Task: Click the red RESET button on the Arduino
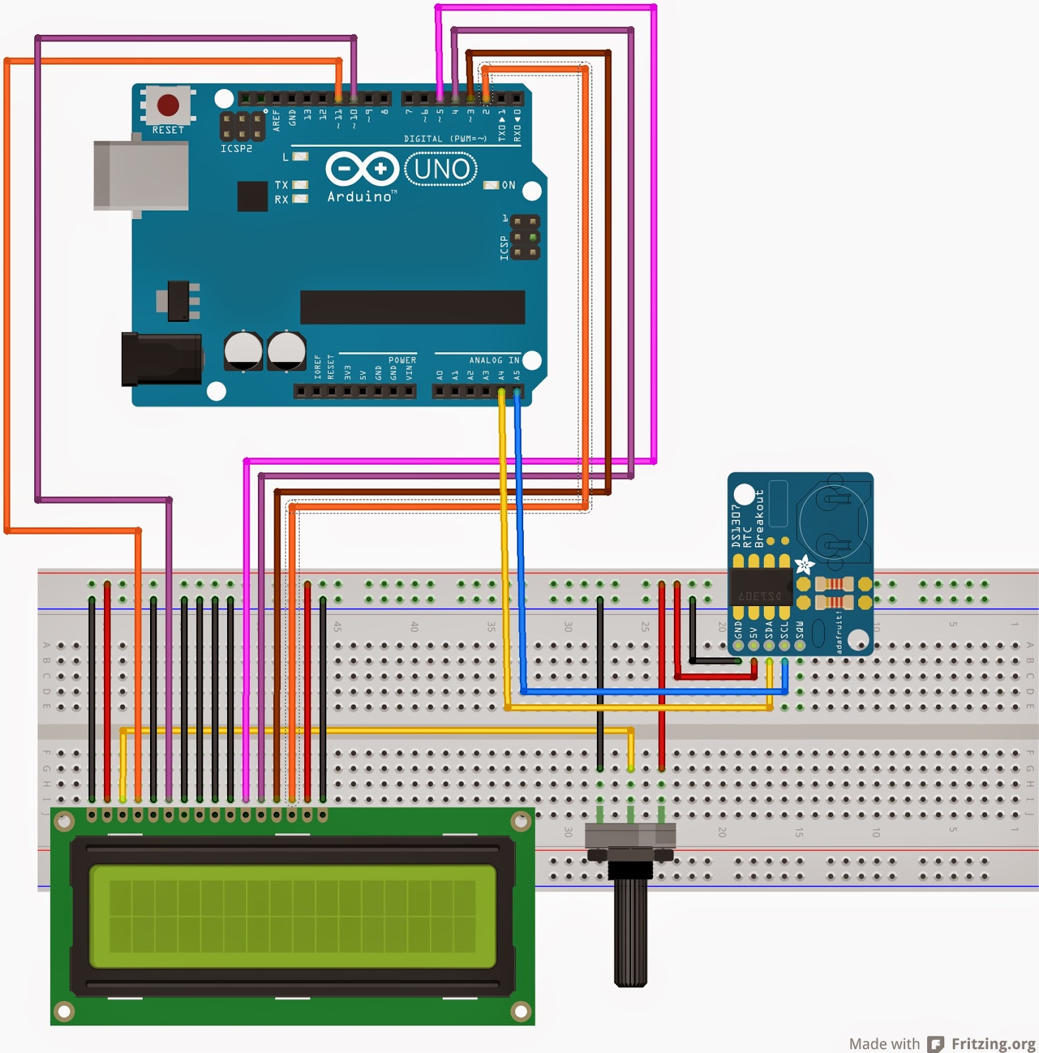(x=168, y=105)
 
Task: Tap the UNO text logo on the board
(x=442, y=169)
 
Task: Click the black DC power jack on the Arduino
(x=162, y=359)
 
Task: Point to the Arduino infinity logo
(x=362, y=169)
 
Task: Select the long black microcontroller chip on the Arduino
(x=412, y=307)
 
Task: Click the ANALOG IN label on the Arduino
(x=494, y=360)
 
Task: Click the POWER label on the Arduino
(x=401, y=360)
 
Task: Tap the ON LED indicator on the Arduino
(x=491, y=186)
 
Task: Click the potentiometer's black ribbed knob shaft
(x=630, y=935)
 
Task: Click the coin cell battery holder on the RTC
(x=833, y=523)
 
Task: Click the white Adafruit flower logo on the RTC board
(x=804, y=565)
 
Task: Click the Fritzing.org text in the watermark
(x=993, y=1044)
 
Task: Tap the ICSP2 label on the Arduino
(x=236, y=149)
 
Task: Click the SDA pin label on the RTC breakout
(x=769, y=630)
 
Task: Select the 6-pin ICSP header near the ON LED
(x=524, y=237)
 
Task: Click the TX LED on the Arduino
(x=300, y=185)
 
